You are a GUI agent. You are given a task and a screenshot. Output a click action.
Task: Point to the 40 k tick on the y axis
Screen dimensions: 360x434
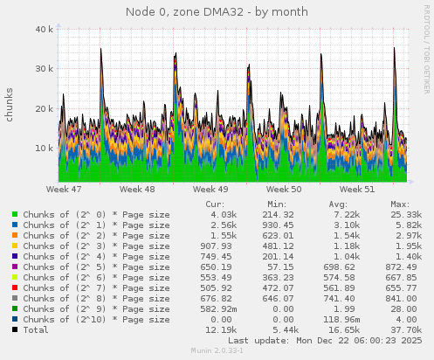point(42,29)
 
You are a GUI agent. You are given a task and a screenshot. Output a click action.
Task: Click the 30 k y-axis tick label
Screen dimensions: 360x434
point(42,68)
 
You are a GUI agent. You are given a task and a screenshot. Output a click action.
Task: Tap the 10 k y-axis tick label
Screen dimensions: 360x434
point(42,148)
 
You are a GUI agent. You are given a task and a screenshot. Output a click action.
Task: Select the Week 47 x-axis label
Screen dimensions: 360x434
point(64,189)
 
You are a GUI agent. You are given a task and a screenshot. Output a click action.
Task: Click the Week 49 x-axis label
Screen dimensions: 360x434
point(210,189)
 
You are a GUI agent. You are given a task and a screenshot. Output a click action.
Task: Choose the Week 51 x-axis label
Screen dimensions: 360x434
point(357,189)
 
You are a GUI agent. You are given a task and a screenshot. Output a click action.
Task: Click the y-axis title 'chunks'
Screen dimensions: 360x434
point(10,105)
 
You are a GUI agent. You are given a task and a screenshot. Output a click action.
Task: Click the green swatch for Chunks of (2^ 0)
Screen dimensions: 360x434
point(15,214)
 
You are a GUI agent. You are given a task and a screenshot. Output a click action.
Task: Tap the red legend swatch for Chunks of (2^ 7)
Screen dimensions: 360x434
point(15,287)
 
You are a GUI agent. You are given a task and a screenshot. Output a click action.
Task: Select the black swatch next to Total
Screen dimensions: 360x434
point(15,329)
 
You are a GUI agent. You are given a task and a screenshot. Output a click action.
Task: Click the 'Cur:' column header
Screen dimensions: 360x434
point(214,204)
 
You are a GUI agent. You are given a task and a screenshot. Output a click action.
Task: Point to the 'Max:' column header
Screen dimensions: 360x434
point(400,204)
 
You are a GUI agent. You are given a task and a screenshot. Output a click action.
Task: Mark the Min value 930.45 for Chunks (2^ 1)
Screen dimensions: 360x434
point(281,225)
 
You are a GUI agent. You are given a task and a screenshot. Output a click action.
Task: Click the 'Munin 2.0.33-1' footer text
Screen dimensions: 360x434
point(217,351)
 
